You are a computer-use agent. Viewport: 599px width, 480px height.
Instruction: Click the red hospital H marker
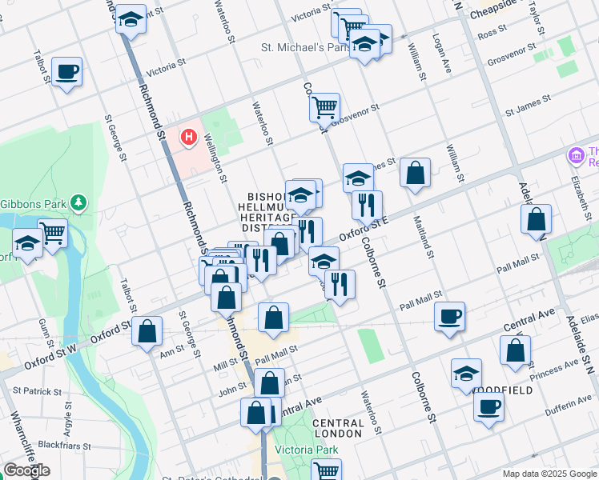[188, 138]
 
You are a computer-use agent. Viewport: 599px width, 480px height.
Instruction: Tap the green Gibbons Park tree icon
[78, 203]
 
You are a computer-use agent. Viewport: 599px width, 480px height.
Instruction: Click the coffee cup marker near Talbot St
[66, 72]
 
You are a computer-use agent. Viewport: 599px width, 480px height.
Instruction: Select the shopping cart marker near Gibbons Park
[52, 234]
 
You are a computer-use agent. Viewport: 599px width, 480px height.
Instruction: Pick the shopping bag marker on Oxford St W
[147, 331]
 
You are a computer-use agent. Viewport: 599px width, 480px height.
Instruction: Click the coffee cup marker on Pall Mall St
[449, 315]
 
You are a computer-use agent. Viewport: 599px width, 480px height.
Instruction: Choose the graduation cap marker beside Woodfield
[466, 374]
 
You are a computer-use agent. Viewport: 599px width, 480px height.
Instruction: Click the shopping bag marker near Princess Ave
[515, 350]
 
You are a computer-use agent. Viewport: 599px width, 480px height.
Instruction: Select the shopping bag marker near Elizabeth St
[536, 219]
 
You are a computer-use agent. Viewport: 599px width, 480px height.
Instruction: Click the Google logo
[27, 470]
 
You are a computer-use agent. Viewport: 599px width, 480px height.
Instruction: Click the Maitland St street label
[422, 237]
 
